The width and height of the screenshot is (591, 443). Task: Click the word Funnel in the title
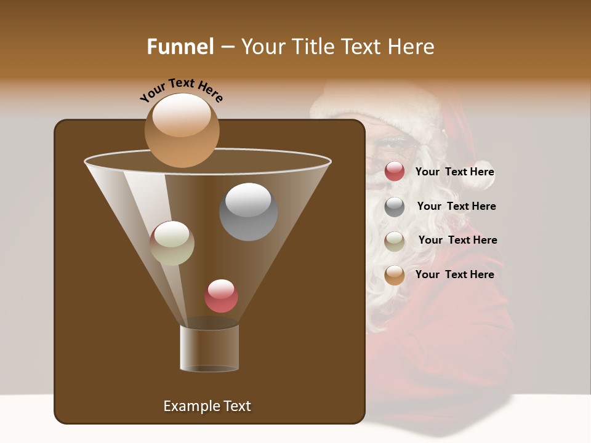(x=180, y=46)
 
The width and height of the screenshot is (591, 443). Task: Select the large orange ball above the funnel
(x=182, y=130)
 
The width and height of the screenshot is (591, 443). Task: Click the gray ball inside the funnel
(x=248, y=212)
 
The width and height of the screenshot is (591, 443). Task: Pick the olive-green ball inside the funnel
(x=172, y=243)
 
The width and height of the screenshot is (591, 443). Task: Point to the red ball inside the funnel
(x=221, y=296)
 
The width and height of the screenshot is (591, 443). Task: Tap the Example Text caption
(x=207, y=406)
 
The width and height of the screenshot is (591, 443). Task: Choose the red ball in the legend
(x=395, y=172)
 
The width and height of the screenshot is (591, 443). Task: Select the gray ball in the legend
(x=395, y=206)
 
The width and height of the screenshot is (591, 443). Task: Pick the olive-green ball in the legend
(x=395, y=241)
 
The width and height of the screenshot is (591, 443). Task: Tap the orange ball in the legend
(x=395, y=275)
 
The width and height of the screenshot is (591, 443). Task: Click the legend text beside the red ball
(x=454, y=172)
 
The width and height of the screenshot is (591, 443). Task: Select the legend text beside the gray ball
(x=456, y=206)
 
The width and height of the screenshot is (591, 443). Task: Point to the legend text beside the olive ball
(x=457, y=240)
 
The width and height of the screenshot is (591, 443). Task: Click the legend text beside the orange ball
(x=454, y=274)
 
